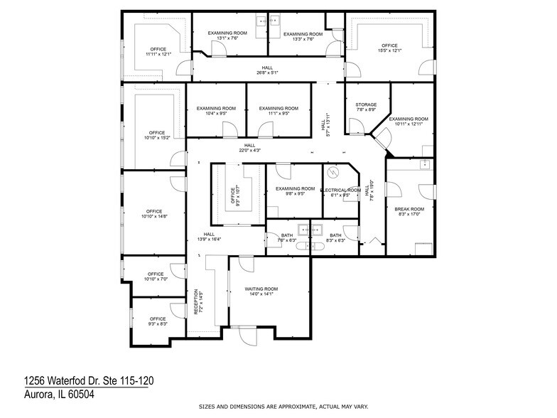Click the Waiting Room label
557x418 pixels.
(x=261, y=289)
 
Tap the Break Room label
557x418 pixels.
(x=409, y=209)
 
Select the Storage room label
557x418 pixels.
(x=366, y=104)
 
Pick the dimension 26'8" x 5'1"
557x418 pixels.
(x=266, y=73)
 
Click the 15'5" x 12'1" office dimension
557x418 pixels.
(x=390, y=50)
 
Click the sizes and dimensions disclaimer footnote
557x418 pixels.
(x=282, y=406)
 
